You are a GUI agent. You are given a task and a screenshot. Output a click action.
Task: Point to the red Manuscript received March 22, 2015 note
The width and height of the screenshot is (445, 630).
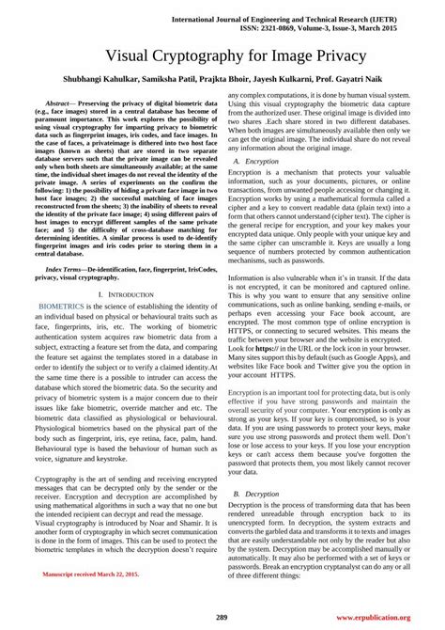[x=90, y=598]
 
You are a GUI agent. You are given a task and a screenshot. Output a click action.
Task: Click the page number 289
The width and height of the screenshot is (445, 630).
[x=222, y=617]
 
